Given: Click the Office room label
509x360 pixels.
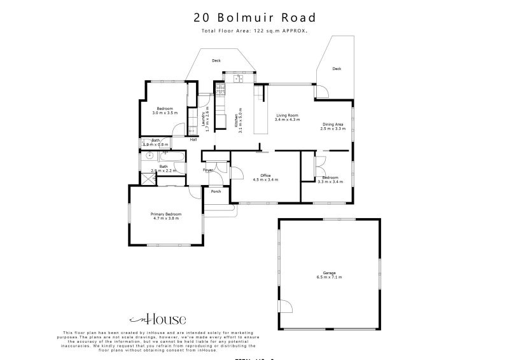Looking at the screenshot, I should (265, 177).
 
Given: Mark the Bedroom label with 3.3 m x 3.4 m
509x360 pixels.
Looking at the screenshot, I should (330, 179).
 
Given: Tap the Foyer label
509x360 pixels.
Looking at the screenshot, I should (208, 170).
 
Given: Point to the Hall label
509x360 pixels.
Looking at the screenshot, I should (193, 140).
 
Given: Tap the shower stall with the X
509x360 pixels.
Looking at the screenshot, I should (148, 179).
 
